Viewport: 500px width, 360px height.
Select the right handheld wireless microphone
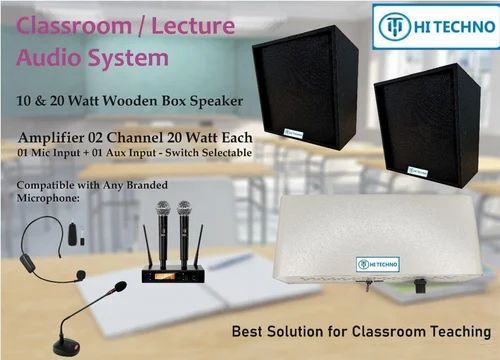click(x=184, y=225)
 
